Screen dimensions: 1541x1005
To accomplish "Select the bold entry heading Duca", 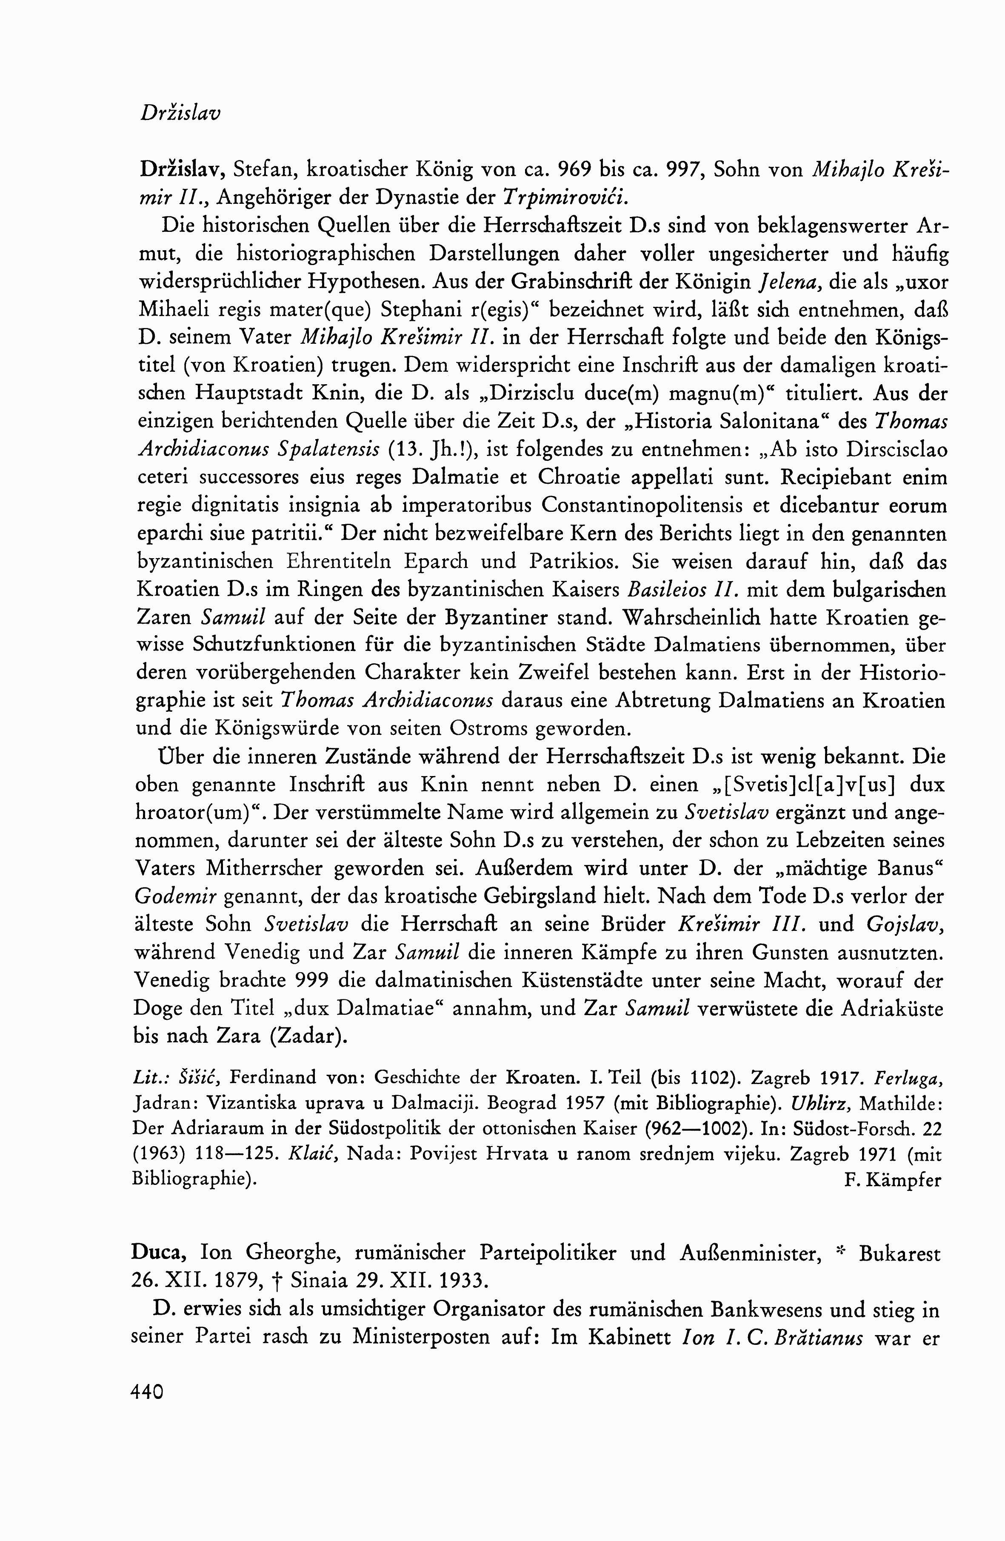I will (159, 1253).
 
